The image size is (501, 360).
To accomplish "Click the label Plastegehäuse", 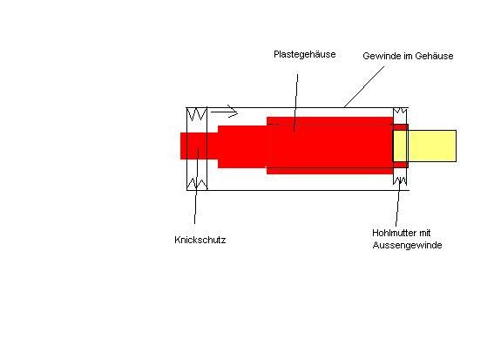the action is [x=304, y=54].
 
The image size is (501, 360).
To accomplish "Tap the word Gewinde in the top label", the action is [x=378, y=56].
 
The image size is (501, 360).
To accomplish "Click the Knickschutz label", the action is [x=200, y=240].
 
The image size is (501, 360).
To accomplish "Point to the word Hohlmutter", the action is [x=394, y=233].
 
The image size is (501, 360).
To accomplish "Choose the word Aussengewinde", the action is [x=408, y=245].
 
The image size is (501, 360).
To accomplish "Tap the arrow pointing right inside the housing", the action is [x=224, y=112].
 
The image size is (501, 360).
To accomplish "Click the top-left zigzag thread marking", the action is [x=197, y=114].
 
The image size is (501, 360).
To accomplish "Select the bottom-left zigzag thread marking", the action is [x=197, y=184].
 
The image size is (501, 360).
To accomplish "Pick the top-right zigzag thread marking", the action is [x=400, y=112].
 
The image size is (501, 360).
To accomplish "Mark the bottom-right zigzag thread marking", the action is [x=400, y=181].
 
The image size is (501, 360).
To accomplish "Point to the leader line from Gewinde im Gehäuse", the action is [x=364, y=87].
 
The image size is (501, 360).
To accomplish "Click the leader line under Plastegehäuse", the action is [x=296, y=103].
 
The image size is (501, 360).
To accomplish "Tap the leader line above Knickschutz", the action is [x=196, y=186].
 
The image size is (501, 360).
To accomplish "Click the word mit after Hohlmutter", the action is [x=424, y=233].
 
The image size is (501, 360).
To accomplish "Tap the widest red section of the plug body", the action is [x=329, y=146].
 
